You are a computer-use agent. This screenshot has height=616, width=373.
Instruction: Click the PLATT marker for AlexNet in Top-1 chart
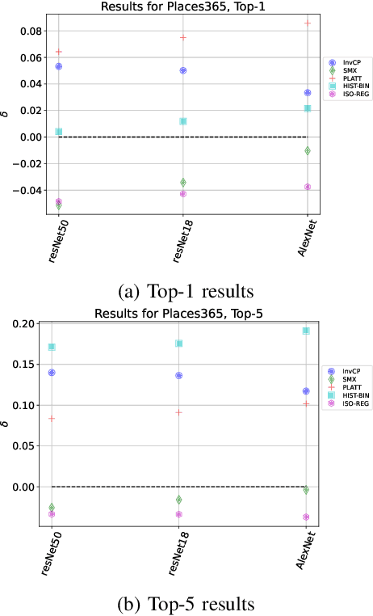(308, 23)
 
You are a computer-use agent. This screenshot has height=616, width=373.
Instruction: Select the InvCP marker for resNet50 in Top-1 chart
(59, 66)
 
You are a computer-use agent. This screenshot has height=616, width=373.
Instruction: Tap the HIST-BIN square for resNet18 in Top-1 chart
(183, 121)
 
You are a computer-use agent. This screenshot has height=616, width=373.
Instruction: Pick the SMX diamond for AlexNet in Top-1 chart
(308, 151)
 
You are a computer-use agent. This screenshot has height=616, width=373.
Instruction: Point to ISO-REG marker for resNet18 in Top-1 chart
(183, 193)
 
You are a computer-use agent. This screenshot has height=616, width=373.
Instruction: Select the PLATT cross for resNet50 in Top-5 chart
(52, 419)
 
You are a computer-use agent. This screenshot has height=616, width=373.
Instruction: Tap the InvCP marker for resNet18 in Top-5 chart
(178, 375)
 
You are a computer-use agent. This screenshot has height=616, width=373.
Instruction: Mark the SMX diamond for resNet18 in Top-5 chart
(178, 500)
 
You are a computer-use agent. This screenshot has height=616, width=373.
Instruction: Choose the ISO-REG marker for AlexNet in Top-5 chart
(306, 517)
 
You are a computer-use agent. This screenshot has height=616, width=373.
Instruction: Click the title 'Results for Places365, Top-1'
(182, 6)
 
